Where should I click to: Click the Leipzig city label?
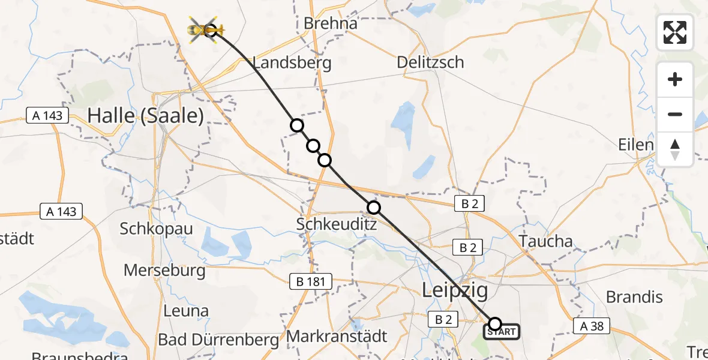pos(455,290)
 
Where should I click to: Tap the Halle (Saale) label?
pos(146,115)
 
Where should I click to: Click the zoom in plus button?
pos(675,80)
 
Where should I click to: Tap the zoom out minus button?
pos(675,114)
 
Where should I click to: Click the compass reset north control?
pos(675,149)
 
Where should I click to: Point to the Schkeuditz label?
pos(336,224)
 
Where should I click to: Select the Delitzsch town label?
pos(430,62)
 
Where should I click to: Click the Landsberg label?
pos(292,63)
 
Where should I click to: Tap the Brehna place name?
pos(331,23)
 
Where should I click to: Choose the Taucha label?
pos(546,241)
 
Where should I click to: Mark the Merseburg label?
pos(164,270)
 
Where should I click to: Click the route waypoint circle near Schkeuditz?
pos(373,208)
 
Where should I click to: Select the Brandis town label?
pos(634,297)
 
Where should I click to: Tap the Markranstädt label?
pos(337,336)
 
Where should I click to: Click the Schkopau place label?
pos(156,229)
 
